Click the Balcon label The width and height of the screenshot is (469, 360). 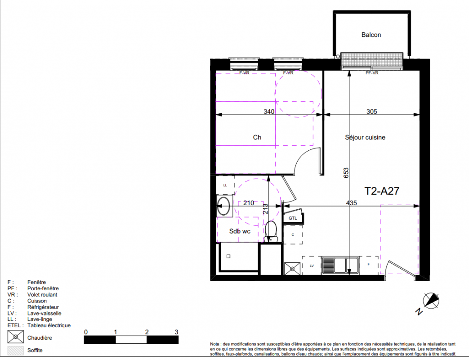coord(371,35)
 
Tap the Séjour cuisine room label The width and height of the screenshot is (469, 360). coord(365,137)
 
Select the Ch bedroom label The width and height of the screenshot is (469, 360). coord(257,137)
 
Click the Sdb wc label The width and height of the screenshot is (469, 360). coord(240,231)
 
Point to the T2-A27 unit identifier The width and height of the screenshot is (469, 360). coord(382,191)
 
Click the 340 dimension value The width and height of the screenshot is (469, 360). coord(269,111)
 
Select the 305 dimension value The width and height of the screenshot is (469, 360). coord(371,111)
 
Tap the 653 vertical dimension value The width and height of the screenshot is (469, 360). coord(346,173)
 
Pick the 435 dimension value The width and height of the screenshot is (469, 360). coord(352,203)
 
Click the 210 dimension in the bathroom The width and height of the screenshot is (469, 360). coord(249,203)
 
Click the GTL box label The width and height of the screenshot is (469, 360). coord(293,218)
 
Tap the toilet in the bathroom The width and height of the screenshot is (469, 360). coord(271,232)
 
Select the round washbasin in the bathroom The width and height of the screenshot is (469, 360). coord(224,206)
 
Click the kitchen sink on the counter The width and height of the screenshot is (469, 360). coord(341,265)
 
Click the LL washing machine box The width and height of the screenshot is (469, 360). coord(225,185)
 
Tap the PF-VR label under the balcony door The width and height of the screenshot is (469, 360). coord(372,73)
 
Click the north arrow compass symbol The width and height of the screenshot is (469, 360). coord(431,301)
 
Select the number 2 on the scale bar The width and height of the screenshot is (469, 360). coord(147,332)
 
